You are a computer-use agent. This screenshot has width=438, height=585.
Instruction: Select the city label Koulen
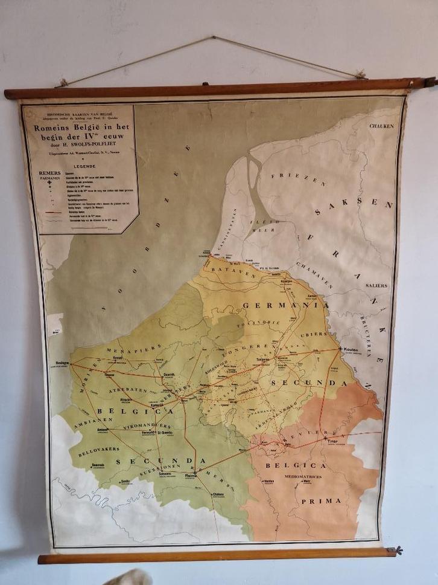tap(351, 350)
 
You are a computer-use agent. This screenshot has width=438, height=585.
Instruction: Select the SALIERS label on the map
tap(376, 285)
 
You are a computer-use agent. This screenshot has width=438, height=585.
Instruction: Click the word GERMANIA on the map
tap(285, 306)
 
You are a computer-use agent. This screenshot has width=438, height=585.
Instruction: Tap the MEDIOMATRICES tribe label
tap(311, 477)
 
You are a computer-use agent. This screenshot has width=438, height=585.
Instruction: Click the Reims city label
tap(192, 476)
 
